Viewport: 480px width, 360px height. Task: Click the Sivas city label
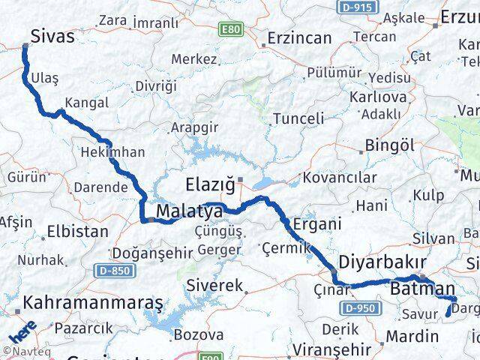coord(54,35)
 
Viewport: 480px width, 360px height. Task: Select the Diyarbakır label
coord(382,263)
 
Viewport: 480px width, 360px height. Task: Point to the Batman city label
coord(422,288)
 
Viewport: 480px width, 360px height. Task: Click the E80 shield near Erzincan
coord(231,28)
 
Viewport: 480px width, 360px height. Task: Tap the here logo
coord(23,330)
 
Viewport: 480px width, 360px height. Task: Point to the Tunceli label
coord(298,118)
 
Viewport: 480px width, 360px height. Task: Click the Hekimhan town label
coord(112,151)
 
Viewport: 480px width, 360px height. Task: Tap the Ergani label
coord(317,223)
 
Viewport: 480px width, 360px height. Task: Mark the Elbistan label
coord(77,231)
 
